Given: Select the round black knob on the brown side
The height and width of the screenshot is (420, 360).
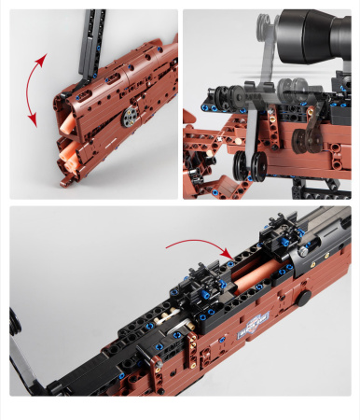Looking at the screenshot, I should (x=304, y=300).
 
